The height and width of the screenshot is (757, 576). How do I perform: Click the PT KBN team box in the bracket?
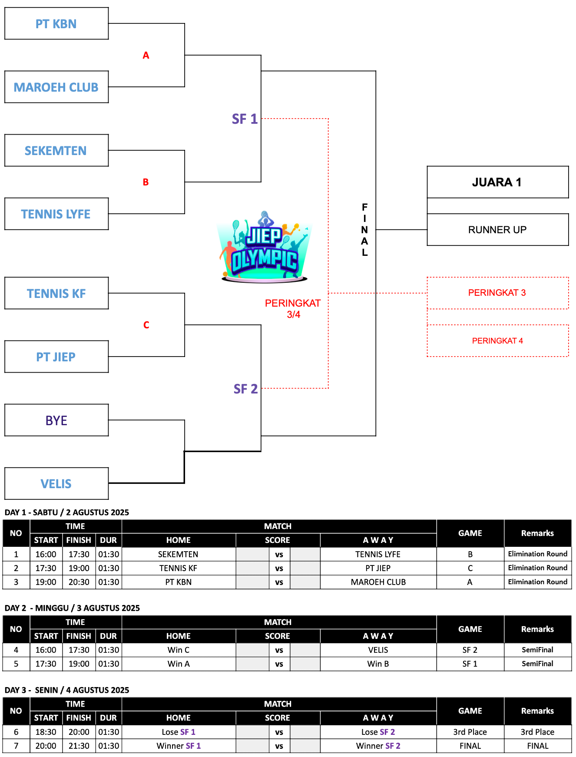(56, 23)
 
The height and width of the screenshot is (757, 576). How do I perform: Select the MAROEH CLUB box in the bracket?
(56, 87)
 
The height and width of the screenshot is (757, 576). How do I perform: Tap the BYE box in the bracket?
(56, 420)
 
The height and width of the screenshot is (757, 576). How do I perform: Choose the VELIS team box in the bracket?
(56, 483)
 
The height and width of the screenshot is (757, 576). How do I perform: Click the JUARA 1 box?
(497, 182)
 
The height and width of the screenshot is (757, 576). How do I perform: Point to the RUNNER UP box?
(497, 229)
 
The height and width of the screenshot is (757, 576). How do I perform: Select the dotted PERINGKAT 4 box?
(497, 341)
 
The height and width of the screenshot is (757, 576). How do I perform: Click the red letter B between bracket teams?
(146, 182)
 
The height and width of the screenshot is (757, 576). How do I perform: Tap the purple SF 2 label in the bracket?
(246, 389)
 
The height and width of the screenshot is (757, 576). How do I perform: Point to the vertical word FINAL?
(365, 229)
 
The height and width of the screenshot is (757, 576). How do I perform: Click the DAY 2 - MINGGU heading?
(72, 608)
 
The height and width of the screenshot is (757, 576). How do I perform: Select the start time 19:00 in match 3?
(46, 582)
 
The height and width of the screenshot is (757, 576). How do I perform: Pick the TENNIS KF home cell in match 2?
(178, 568)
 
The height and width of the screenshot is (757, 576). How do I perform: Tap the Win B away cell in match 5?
(378, 664)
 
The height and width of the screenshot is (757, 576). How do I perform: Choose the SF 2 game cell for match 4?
(470, 650)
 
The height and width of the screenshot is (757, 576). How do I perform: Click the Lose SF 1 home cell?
(178, 732)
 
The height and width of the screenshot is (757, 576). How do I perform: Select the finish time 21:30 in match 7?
(79, 746)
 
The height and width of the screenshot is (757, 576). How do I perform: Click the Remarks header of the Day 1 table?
(537, 533)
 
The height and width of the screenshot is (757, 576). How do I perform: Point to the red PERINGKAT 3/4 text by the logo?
(293, 308)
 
